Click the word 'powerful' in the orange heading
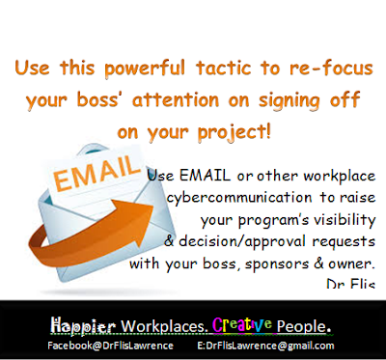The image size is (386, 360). pyautogui.click(x=145, y=69)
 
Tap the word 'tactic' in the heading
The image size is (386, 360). pyautogui.click(x=224, y=68)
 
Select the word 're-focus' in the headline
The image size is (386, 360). pyautogui.click(x=331, y=68)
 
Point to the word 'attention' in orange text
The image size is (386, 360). pyautogui.click(x=176, y=99)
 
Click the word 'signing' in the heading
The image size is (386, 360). pyautogui.click(x=289, y=100)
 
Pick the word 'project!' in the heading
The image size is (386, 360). pyautogui.click(x=234, y=132)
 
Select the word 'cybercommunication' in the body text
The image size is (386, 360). pyautogui.click(x=239, y=197)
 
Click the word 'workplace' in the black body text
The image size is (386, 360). pyautogui.click(x=340, y=177)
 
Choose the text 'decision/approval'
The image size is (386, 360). pyautogui.click(x=242, y=241)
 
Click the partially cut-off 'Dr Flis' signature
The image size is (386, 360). pyautogui.click(x=351, y=284)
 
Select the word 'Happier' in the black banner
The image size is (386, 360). pyautogui.click(x=83, y=326)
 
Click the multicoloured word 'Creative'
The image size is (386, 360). pyautogui.click(x=242, y=325)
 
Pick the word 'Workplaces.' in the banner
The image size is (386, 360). pyautogui.click(x=164, y=326)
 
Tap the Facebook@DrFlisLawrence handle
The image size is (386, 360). pyautogui.click(x=110, y=346)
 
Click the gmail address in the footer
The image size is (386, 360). pyautogui.click(x=265, y=346)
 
